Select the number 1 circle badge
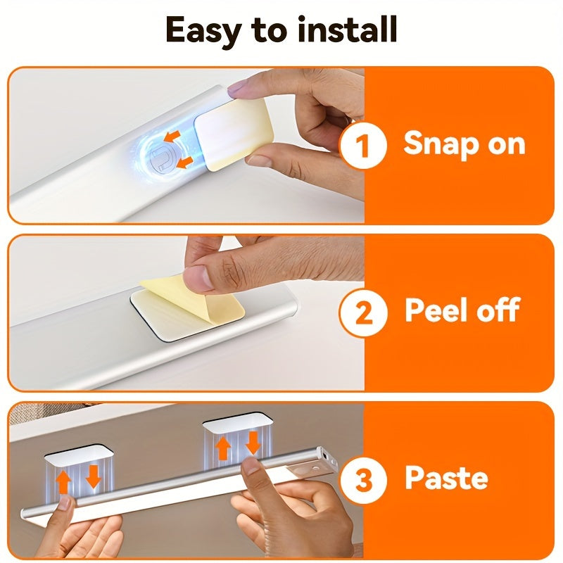[x=363, y=146]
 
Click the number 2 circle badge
[x=363, y=312]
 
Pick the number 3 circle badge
[x=363, y=480]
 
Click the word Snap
[x=442, y=144]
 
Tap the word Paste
[x=447, y=477]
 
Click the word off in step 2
[x=498, y=310]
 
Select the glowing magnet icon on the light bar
[x=161, y=158]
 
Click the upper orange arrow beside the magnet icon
[x=171, y=137]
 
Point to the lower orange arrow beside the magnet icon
[x=183, y=163]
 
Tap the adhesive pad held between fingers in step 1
[x=234, y=134]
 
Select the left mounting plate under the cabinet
[x=79, y=455]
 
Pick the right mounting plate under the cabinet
[x=237, y=422]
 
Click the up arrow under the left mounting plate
[x=63, y=483]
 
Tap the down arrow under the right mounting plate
[x=253, y=443]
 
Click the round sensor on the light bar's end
[x=315, y=468]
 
